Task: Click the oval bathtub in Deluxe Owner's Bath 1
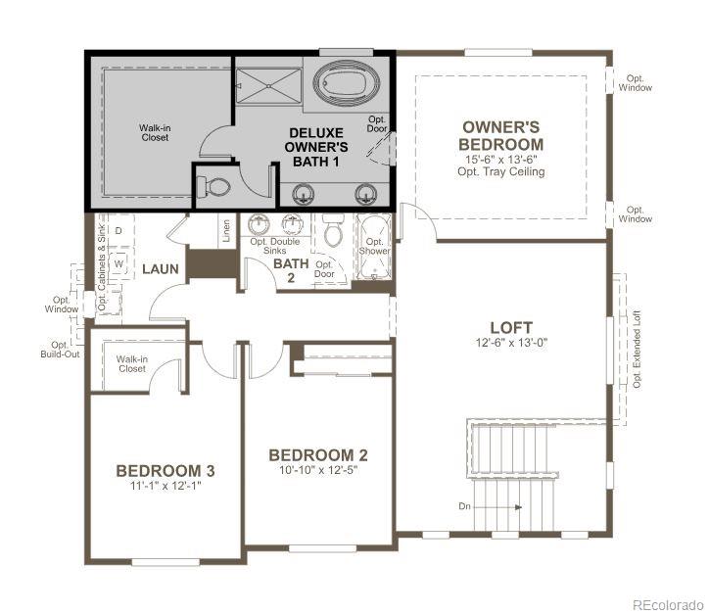[x=346, y=81]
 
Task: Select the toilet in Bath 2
[x=334, y=231]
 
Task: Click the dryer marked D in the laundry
[x=118, y=231]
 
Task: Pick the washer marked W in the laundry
[x=118, y=263]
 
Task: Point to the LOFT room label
[x=511, y=327]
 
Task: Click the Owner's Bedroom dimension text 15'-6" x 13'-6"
[x=501, y=160]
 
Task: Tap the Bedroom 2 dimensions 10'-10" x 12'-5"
[x=318, y=470]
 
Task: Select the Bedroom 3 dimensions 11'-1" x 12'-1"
[x=165, y=486]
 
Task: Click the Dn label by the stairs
[x=464, y=506]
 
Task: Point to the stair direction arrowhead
[x=519, y=507]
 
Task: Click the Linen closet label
[x=226, y=230]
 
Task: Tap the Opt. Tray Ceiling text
[x=501, y=171]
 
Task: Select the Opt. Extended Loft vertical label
[x=637, y=349]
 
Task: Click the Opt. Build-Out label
[x=60, y=350]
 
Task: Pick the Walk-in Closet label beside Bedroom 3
[x=132, y=364]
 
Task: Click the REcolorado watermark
[x=668, y=605]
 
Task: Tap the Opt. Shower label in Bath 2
[x=374, y=247]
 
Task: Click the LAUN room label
[x=161, y=269]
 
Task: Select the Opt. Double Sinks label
[x=275, y=246]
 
